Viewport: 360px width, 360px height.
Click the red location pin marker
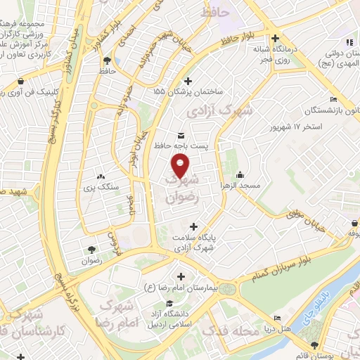click(181, 166)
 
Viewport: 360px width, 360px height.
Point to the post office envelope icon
click(181, 134)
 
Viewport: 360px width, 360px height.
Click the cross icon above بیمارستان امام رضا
click(182, 277)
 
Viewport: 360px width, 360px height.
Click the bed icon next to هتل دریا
click(278, 318)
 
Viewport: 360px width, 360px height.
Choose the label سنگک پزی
click(99, 188)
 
